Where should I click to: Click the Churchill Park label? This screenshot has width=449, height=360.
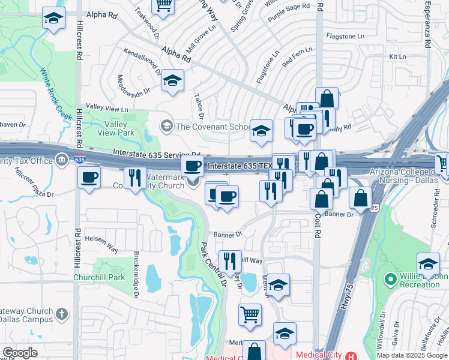tap(99, 277)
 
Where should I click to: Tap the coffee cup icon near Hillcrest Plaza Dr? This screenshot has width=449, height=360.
tap(89, 178)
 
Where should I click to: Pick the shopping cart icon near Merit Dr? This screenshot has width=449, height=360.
tap(250, 313)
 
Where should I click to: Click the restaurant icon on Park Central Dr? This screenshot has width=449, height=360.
tap(229, 261)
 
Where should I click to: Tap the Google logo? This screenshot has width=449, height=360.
tap(19, 353)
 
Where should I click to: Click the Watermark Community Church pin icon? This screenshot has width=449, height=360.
tap(193, 182)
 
